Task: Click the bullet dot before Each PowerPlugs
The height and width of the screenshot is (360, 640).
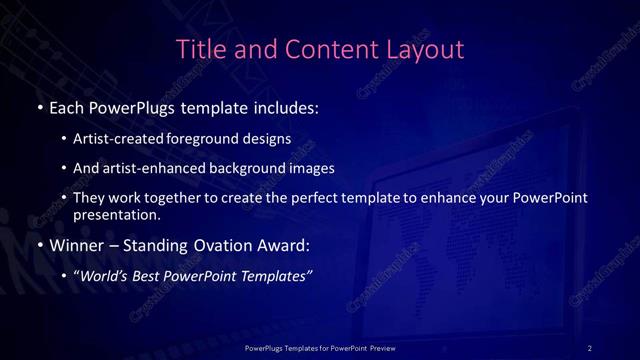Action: click(38, 107)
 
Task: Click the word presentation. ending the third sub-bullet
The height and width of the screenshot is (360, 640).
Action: click(116, 214)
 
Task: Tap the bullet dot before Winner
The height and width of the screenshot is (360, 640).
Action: click(38, 244)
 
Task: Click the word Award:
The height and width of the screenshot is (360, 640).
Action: click(288, 243)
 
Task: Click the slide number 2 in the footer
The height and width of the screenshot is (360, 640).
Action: click(589, 347)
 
